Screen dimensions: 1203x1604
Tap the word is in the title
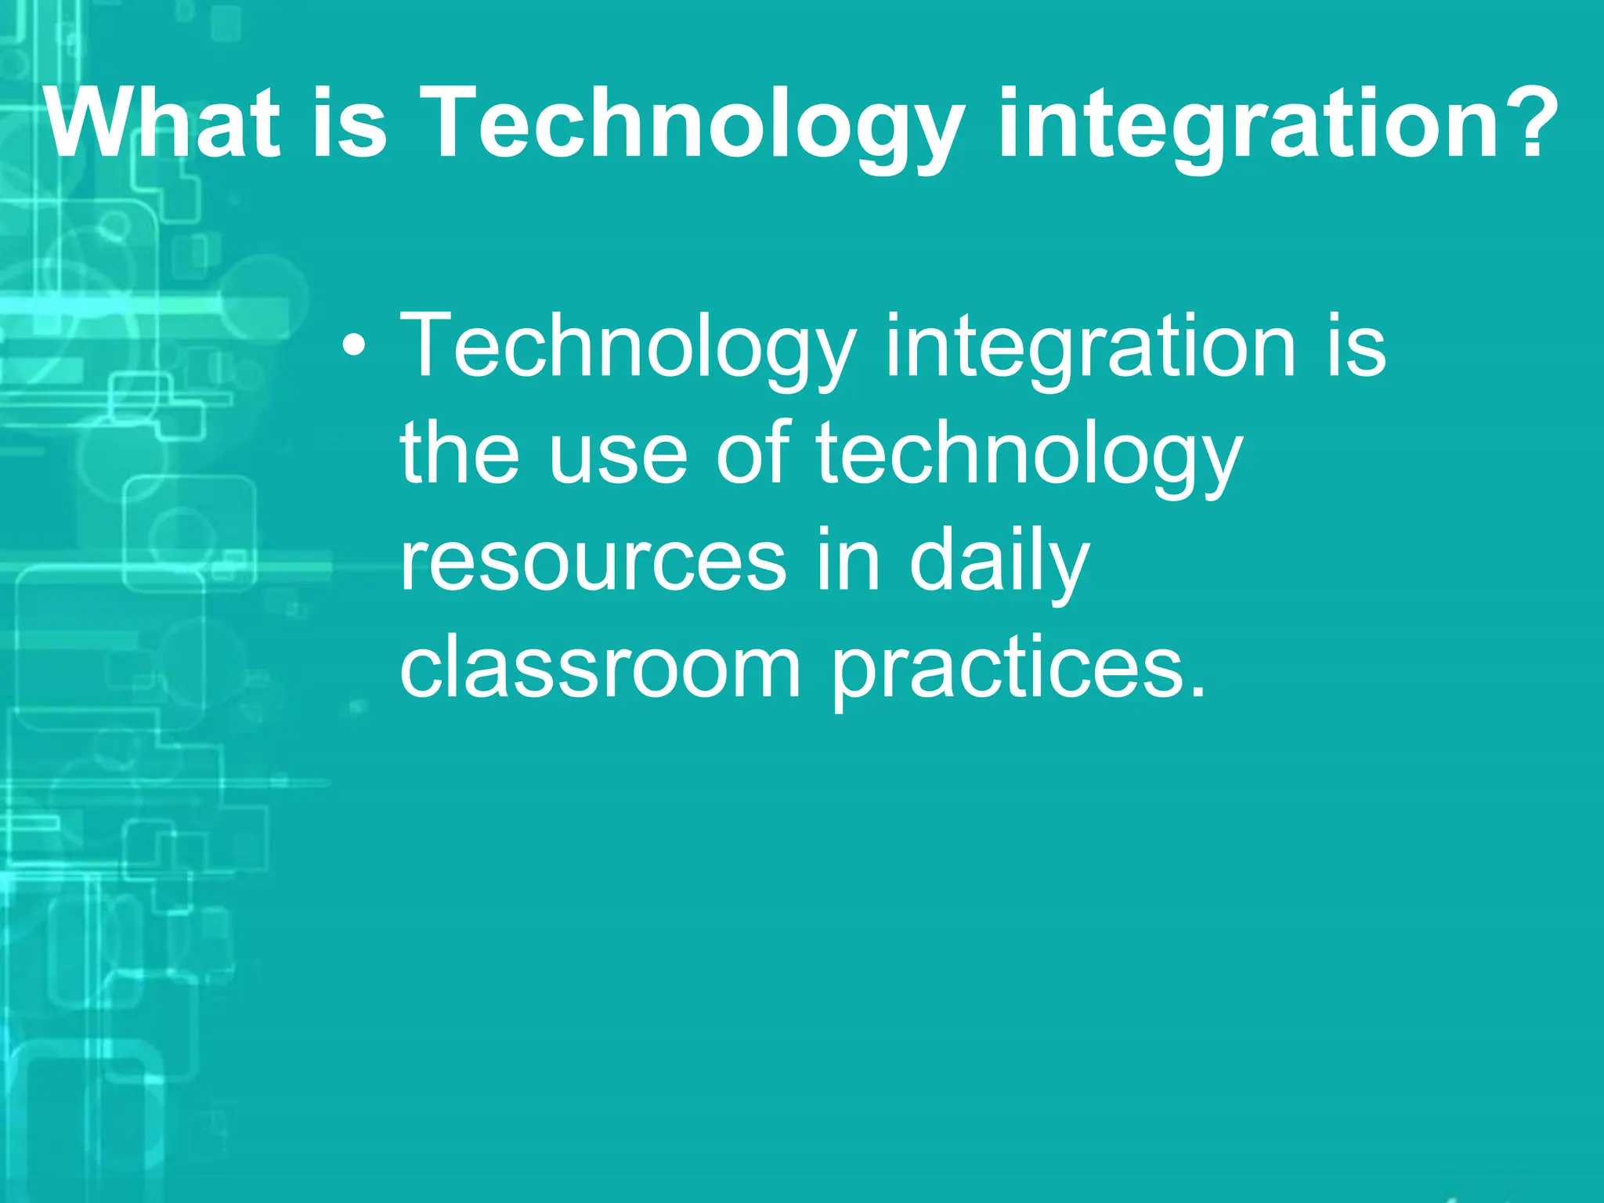(349, 124)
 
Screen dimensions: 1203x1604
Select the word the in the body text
(460, 453)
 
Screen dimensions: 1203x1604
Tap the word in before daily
(848, 559)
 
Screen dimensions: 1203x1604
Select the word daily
(999, 561)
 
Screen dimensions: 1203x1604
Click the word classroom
(600, 667)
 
